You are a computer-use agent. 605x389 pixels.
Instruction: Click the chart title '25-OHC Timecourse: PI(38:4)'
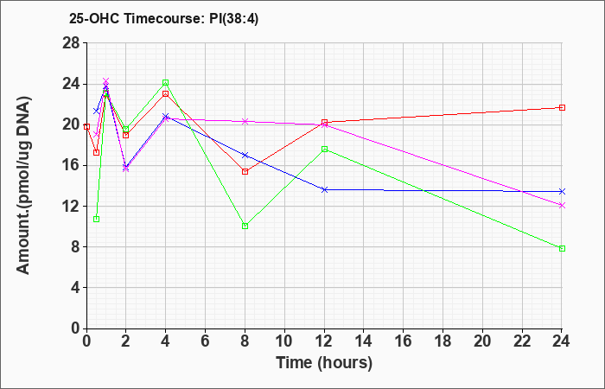[x=163, y=18]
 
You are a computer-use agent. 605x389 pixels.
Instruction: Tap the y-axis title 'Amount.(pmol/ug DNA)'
[x=23, y=185]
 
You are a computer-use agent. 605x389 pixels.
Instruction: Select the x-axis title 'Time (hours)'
[x=324, y=363]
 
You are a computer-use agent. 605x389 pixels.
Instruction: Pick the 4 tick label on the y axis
[x=75, y=288]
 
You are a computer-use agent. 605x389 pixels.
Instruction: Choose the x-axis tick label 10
[x=284, y=341]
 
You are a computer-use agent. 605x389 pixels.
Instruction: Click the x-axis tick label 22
[x=522, y=341]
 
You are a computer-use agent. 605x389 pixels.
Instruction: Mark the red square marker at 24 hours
[x=562, y=108]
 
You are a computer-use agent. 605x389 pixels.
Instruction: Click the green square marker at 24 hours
[x=562, y=249]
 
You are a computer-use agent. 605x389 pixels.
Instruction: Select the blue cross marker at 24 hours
[x=562, y=191]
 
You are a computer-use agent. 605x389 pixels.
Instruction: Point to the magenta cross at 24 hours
[x=562, y=206]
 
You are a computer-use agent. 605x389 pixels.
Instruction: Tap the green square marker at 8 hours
[x=245, y=226]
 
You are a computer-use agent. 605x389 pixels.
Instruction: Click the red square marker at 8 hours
[x=245, y=172]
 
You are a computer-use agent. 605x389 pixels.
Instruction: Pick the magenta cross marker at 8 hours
[x=245, y=122]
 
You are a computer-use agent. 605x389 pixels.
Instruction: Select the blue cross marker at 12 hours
[x=324, y=190]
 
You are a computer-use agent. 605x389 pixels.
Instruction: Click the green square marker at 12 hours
[x=324, y=150]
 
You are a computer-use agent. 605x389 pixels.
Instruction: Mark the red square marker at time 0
[x=86, y=126]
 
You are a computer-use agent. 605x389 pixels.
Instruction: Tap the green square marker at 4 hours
[x=166, y=83]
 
